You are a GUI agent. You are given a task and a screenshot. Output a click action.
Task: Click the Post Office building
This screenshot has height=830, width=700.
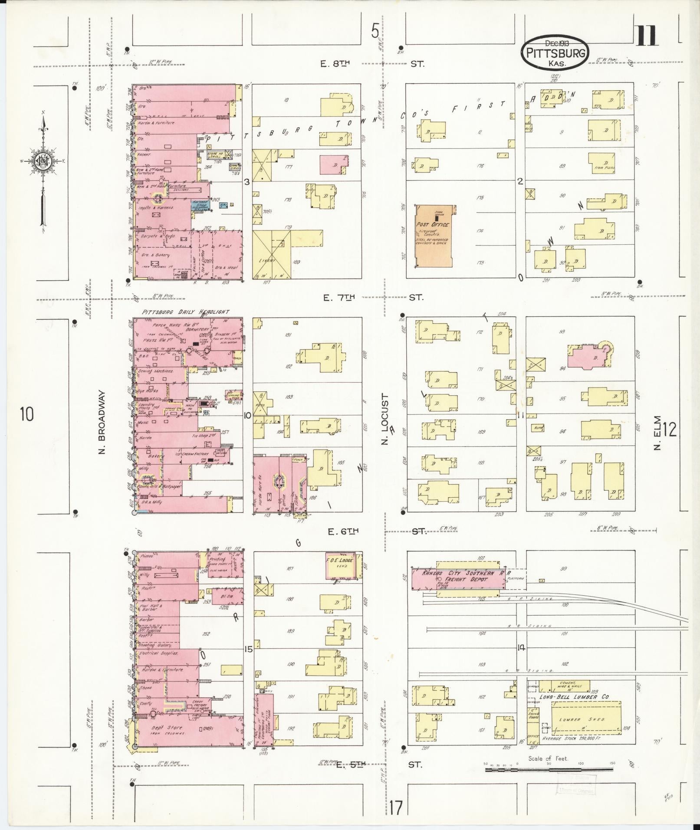[x=434, y=236]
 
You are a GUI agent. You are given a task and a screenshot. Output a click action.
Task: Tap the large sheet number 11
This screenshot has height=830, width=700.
[x=647, y=36]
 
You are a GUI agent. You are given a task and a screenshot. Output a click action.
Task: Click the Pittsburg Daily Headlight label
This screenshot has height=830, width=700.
[x=185, y=312]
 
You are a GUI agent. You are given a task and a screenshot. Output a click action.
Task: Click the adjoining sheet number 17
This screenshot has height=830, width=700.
[x=395, y=808]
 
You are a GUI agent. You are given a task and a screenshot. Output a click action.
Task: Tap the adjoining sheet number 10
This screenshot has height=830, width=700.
[x=26, y=414]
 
